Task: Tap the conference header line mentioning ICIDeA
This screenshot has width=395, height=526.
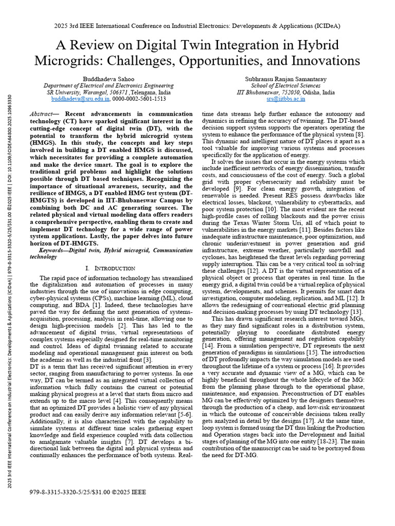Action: point(197,26)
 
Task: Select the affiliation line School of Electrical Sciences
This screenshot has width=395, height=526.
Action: point(285,85)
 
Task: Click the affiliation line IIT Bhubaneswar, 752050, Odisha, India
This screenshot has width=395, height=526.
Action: point(285,92)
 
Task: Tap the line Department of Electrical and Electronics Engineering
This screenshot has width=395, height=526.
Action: point(109,85)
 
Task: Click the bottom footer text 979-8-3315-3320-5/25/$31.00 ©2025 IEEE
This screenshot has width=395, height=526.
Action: point(88,492)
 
